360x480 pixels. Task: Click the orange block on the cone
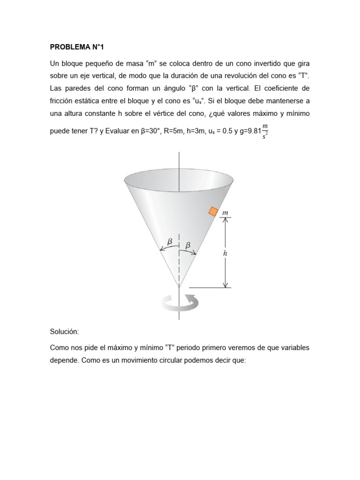(x=213, y=212)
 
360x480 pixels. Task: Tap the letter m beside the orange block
(x=225, y=213)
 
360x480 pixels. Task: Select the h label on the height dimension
(x=225, y=253)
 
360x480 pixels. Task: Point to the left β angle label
(x=170, y=241)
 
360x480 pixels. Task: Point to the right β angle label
(x=188, y=245)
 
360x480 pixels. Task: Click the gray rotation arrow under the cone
(x=179, y=302)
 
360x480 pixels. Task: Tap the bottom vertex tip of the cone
(x=179, y=287)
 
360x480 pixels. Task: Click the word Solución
(x=65, y=332)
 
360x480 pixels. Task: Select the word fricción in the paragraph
(x=63, y=101)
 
